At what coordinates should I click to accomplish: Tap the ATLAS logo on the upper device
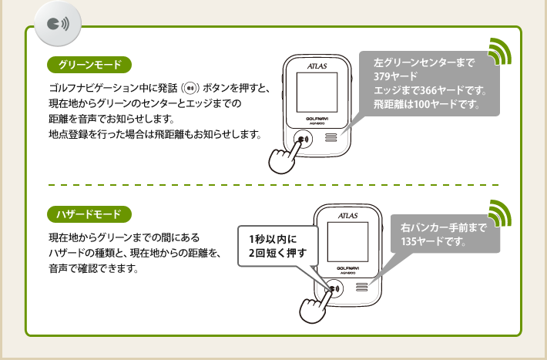click(316, 66)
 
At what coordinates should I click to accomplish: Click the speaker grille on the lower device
click(361, 289)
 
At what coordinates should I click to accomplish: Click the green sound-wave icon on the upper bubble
click(501, 52)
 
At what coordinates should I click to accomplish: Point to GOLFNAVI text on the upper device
click(317, 118)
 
